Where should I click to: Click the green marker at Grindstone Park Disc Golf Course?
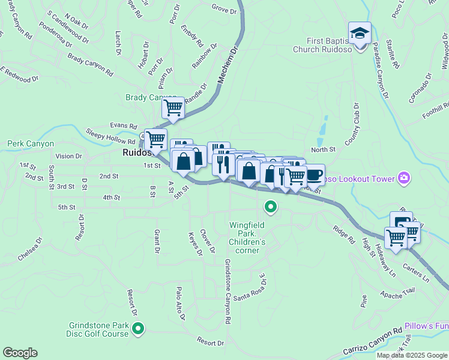139,328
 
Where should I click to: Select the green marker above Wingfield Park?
271,208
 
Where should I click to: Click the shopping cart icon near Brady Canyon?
173,108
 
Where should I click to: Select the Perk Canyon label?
31,144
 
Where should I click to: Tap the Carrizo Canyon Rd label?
372,341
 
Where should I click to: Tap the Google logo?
20,353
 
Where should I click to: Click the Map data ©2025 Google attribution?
411,355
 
